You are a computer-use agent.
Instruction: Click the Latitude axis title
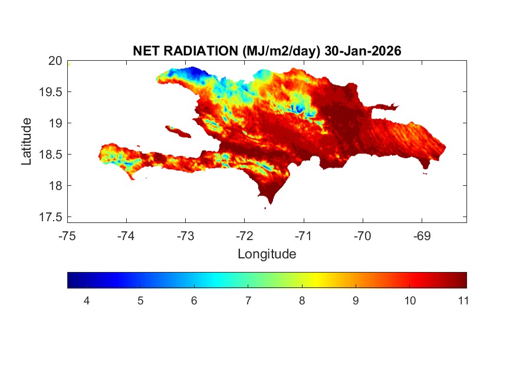click(26, 141)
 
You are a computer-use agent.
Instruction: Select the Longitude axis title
click(267, 254)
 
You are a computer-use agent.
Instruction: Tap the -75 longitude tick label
click(67, 237)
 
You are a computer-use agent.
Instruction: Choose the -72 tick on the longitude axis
click(245, 237)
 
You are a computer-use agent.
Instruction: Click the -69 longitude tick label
click(422, 237)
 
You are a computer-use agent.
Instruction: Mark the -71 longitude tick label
click(304, 237)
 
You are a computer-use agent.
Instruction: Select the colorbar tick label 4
click(86, 301)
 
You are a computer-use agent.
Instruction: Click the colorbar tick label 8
click(302, 301)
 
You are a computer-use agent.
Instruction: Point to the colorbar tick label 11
click(463, 301)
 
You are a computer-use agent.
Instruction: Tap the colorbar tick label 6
click(194, 301)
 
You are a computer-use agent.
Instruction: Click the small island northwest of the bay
click(178, 130)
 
